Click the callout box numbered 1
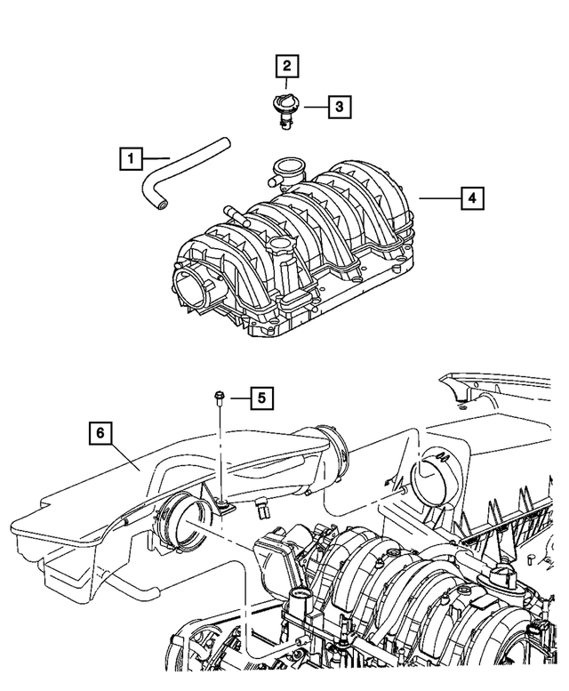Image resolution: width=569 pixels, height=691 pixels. [x=131, y=159]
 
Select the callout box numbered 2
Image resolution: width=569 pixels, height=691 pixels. [x=286, y=65]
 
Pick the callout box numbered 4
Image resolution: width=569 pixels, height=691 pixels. [x=472, y=197]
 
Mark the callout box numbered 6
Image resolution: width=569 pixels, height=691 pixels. [x=101, y=434]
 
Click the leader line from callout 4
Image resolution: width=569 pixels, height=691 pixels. [x=440, y=197]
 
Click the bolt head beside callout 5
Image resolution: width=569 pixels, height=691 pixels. [x=218, y=396]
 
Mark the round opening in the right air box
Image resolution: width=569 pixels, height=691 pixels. [x=436, y=481]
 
